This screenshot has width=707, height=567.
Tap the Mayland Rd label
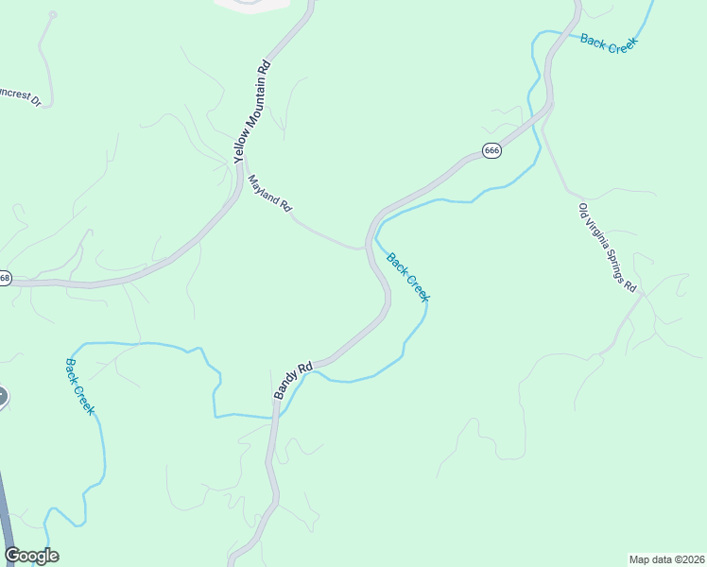(269, 193)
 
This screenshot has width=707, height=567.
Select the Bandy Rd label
(293, 380)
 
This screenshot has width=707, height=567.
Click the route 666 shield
(491, 150)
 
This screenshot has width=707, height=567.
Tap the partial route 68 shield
(5, 278)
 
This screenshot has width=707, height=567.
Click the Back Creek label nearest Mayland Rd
(407, 277)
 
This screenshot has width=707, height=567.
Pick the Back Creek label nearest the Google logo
(79, 386)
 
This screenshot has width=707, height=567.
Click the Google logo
(31, 556)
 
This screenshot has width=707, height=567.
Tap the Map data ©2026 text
(666, 558)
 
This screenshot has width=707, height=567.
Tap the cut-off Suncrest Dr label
(21, 95)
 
